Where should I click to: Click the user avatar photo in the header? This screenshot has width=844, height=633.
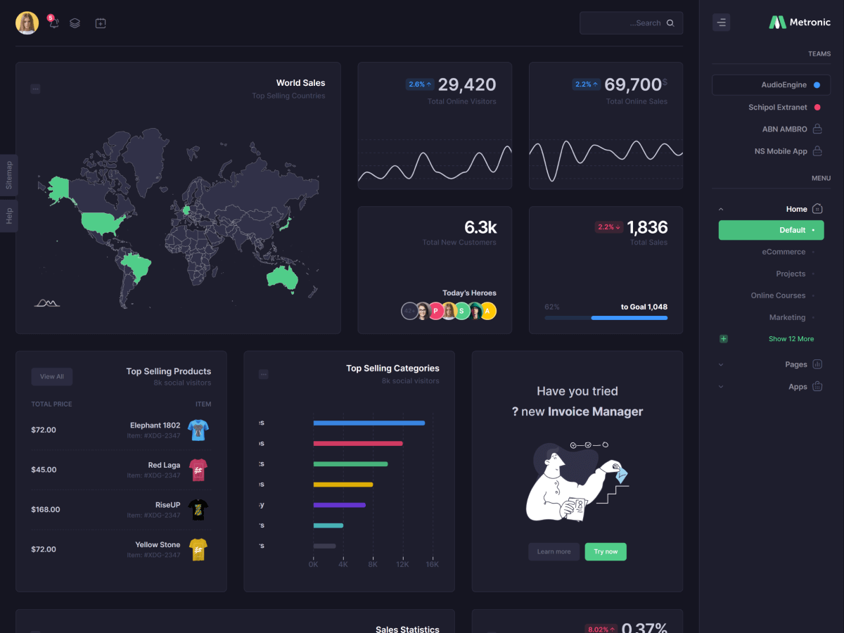[27, 23]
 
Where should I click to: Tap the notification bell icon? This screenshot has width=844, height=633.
[53, 23]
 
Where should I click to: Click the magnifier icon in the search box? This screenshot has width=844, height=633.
[670, 23]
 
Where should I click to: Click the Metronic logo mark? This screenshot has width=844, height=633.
[777, 23]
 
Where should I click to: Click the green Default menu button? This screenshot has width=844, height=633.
[771, 230]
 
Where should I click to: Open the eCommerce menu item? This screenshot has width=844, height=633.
[784, 252]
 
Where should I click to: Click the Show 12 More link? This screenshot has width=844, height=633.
[791, 339]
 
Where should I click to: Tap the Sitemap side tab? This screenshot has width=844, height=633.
[9, 175]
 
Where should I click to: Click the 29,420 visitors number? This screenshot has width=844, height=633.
[467, 85]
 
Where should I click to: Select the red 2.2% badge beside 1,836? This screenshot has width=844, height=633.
[608, 227]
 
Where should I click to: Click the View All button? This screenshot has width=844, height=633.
[52, 377]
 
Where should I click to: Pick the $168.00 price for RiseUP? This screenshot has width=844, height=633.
[46, 509]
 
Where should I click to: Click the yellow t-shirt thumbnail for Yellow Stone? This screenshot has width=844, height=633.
[198, 549]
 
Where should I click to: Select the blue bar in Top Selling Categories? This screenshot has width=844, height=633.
[369, 423]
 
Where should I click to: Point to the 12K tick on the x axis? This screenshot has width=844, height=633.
[402, 564]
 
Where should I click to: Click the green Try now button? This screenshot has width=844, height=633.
[606, 551]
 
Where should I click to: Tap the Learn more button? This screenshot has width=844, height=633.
[554, 551]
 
